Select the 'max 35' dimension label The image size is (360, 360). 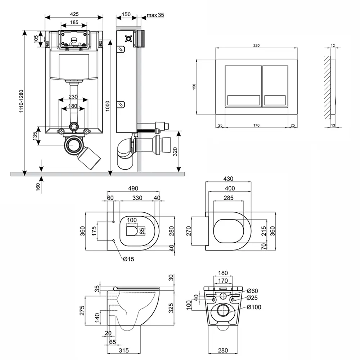click(x=155, y=15)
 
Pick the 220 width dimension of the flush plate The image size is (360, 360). click(x=256, y=45)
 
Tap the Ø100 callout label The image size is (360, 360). click(x=254, y=307)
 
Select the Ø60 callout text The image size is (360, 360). click(x=253, y=291)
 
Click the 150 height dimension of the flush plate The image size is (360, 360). click(x=194, y=86)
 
